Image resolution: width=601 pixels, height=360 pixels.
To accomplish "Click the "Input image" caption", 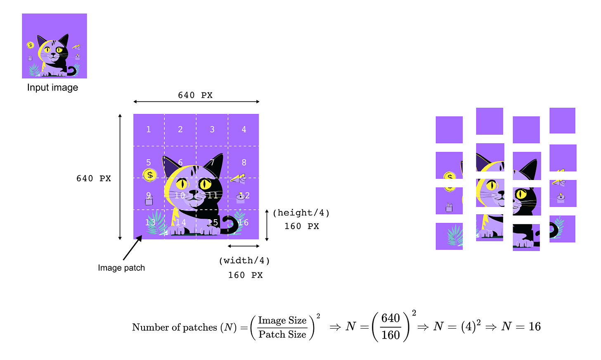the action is click(x=52, y=88).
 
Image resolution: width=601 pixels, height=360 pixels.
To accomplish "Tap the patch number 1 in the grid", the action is click(x=149, y=130).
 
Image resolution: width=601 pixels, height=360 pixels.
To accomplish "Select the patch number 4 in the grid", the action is click(x=244, y=130).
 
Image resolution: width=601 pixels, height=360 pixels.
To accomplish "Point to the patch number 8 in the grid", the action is click(x=244, y=163).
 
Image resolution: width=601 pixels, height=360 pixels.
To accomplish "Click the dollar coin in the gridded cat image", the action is click(x=150, y=175).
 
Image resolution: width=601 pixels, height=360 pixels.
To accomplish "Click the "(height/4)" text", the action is click(x=301, y=213).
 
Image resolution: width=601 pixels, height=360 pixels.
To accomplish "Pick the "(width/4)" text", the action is click(x=244, y=261).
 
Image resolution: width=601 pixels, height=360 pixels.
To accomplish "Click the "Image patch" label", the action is click(x=121, y=268).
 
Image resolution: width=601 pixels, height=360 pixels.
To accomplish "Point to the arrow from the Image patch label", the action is click(x=132, y=248).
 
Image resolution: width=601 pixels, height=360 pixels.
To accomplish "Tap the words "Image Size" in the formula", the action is click(x=282, y=321).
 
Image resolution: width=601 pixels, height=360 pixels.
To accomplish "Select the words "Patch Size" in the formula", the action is click(x=282, y=334).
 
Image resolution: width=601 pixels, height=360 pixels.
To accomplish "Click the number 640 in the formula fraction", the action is click(x=390, y=318).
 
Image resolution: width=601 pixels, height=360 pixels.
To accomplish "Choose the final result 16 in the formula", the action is click(x=535, y=327).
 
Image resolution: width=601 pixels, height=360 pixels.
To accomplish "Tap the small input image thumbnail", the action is click(x=54, y=46).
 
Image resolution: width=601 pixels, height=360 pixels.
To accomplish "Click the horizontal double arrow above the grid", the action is click(x=196, y=102).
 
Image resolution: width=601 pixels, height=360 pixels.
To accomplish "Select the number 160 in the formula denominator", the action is click(x=390, y=335).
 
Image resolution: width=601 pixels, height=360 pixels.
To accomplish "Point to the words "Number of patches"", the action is click(x=175, y=327).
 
